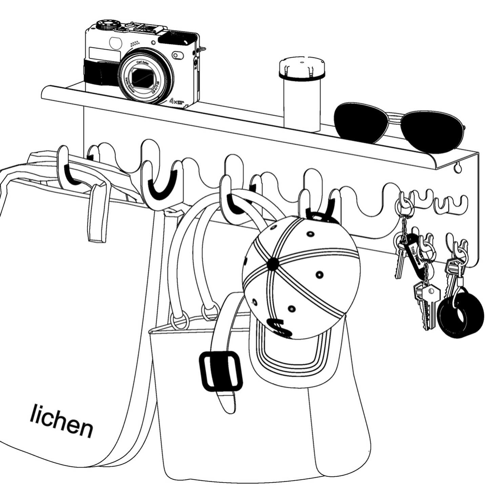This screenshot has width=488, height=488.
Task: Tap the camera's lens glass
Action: (x=144, y=78)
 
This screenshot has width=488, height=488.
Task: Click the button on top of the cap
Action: (x=271, y=264)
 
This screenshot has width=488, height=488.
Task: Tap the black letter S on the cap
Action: (x=280, y=327)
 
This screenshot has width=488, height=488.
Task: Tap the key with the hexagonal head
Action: (x=430, y=291)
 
